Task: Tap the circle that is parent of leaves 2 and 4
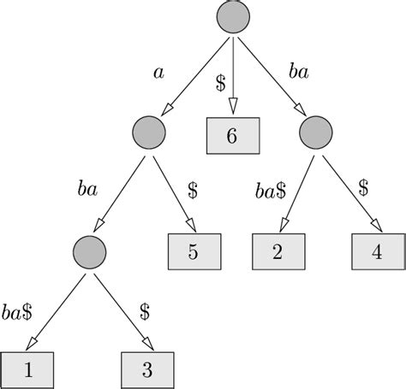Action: [316, 132]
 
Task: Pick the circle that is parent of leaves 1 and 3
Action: [89, 250]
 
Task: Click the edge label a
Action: [158, 73]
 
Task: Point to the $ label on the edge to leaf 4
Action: [363, 186]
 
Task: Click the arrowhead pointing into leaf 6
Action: [231, 109]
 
